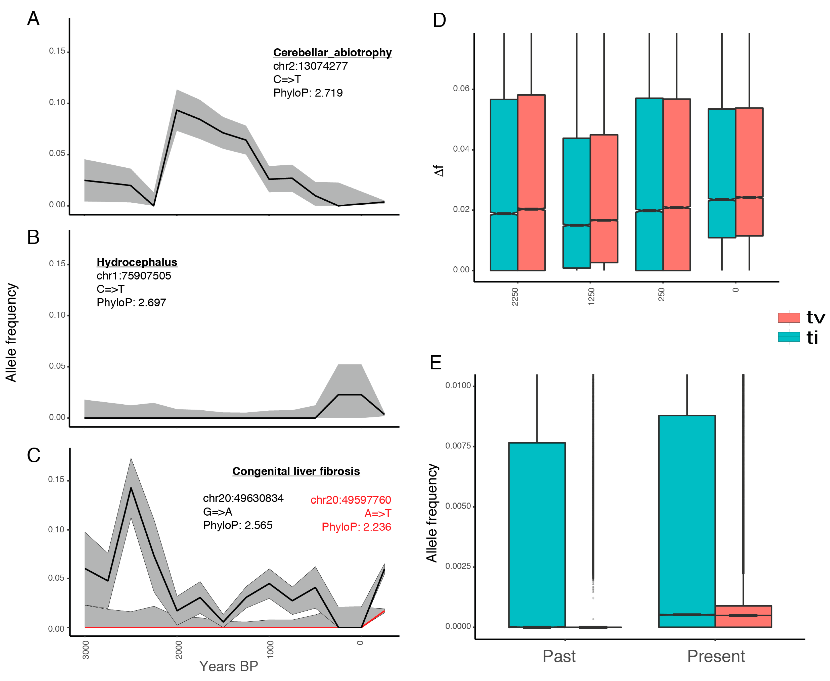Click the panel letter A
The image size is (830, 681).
[x=33, y=19]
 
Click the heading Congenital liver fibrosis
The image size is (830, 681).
[x=296, y=471]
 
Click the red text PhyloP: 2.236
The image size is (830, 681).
[x=356, y=527]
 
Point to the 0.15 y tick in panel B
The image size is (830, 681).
[x=57, y=264]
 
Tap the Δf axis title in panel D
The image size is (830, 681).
[x=439, y=171]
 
